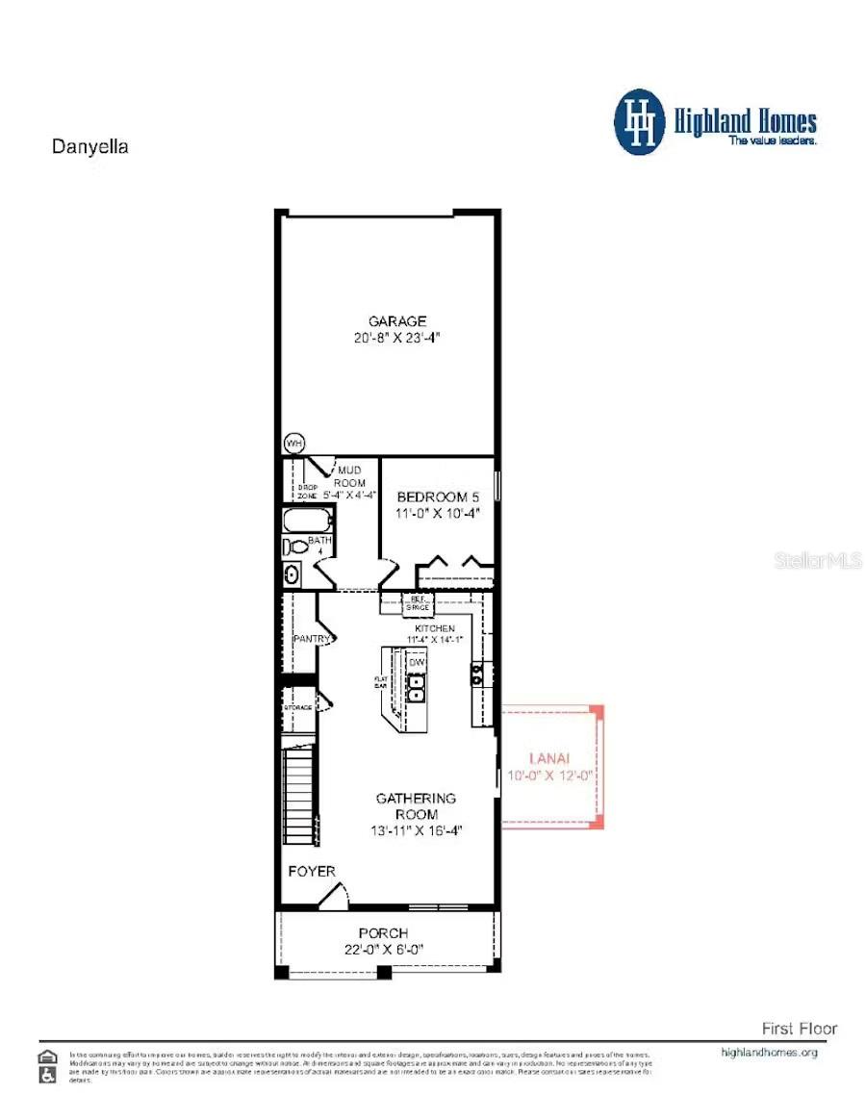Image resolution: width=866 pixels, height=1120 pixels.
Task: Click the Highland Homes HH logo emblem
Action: [640, 121]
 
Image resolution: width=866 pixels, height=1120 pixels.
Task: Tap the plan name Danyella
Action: [89, 147]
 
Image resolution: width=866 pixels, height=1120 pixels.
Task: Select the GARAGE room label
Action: [396, 321]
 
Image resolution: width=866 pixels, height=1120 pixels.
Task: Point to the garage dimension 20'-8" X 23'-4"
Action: [396, 338]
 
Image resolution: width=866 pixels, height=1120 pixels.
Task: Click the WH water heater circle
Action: [293, 444]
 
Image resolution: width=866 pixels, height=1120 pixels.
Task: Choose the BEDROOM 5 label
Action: [438, 496]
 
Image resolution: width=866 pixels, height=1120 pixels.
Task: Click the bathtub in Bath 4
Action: [307, 522]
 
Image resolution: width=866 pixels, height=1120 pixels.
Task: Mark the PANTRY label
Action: [312, 639]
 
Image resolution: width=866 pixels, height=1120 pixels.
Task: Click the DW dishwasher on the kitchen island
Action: [417, 663]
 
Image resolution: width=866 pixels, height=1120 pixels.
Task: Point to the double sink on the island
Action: [417, 686]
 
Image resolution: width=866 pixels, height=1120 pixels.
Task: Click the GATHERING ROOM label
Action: [416, 806]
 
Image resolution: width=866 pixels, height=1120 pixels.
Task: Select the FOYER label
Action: [312, 872]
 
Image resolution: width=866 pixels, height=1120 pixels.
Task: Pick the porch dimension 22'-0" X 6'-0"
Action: [383, 949]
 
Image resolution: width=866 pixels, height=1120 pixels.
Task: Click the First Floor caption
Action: [799, 1029]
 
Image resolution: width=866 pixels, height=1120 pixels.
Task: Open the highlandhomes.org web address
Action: [769, 1053]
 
